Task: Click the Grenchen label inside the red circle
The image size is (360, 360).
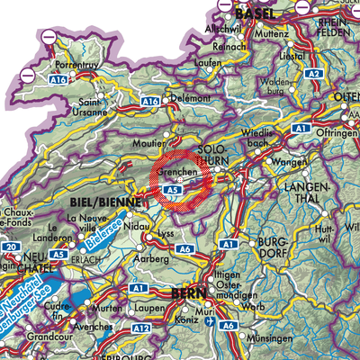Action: tap(175, 168)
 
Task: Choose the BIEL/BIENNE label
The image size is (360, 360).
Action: tap(103, 203)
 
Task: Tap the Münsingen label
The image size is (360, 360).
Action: tap(276, 340)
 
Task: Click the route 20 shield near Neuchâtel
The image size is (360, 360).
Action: tap(11, 247)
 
